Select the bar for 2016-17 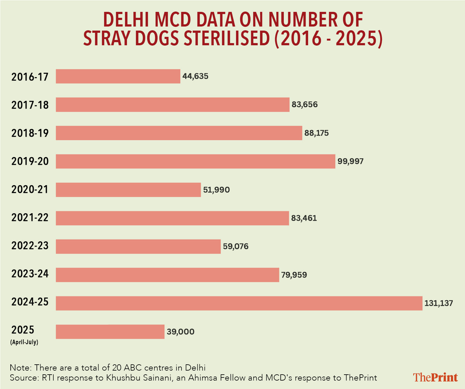[118, 76]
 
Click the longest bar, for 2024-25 [239, 303]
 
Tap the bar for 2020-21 [128, 190]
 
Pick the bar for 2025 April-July [110, 332]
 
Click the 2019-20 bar [195, 161]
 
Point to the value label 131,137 [438, 303]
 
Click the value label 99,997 [350, 161]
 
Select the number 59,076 [235, 246]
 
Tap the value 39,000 [180, 332]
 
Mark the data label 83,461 [304, 218]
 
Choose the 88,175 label [316, 133]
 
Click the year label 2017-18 [30, 105]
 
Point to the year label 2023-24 [30, 274]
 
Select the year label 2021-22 [30, 217]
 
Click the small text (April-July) [24, 342]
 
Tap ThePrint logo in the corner [435, 377]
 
